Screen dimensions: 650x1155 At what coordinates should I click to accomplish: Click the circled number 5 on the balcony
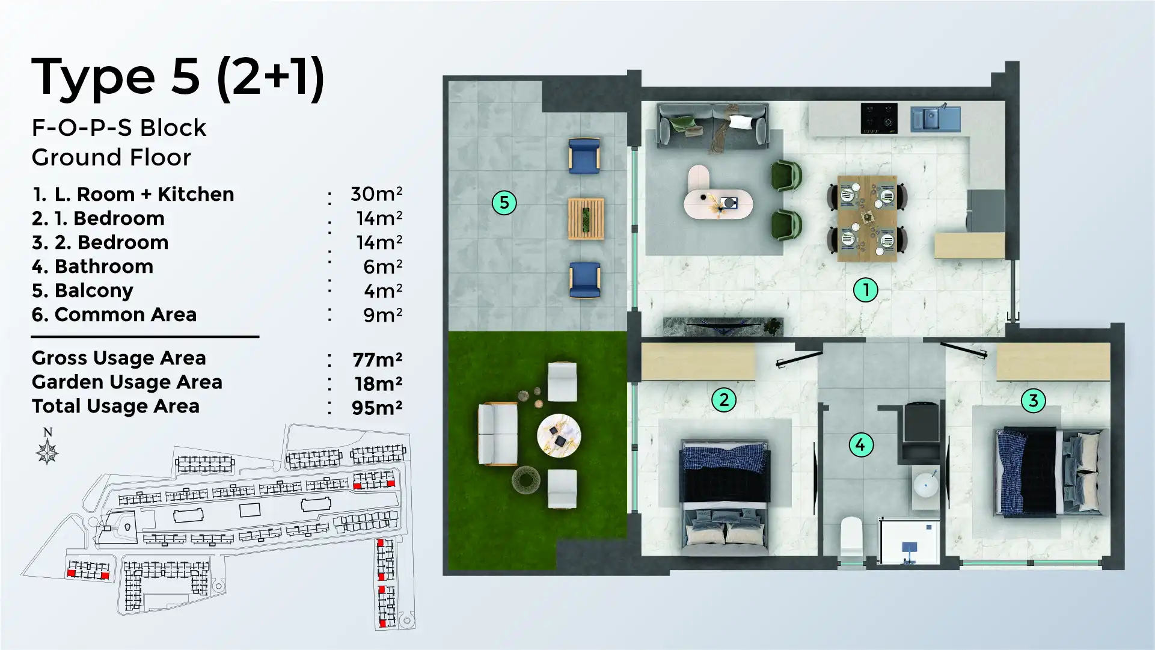tap(504, 203)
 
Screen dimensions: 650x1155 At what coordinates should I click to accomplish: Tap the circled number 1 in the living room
tap(865, 290)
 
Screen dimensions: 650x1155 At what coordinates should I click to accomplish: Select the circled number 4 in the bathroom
tap(860, 445)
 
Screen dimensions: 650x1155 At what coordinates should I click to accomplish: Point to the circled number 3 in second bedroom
tap(1033, 400)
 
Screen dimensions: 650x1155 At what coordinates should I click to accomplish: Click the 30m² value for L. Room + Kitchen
tap(376, 194)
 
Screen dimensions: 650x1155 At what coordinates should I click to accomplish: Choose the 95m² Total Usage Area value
tap(377, 408)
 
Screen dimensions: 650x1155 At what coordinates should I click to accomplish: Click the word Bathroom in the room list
tap(103, 266)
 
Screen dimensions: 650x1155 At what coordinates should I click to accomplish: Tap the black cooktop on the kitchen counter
tap(878, 118)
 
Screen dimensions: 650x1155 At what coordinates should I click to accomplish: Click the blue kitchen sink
tap(934, 118)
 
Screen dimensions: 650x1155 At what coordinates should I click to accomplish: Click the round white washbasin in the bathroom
tap(926, 485)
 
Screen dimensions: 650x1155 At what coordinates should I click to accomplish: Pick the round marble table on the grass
tap(559, 435)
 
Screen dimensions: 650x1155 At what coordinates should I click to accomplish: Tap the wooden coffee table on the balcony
tap(586, 219)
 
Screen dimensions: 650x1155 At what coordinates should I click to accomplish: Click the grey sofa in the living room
tap(712, 126)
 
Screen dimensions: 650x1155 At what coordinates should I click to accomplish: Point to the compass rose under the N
tap(47, 452)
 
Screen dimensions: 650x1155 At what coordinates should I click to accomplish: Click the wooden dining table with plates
tap(867, 218)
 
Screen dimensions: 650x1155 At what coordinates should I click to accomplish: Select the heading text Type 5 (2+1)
tap(177, 77)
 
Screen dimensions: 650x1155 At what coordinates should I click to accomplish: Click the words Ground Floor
tap(111, 158)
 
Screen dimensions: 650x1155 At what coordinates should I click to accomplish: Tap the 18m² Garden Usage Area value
tap(378, 384)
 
